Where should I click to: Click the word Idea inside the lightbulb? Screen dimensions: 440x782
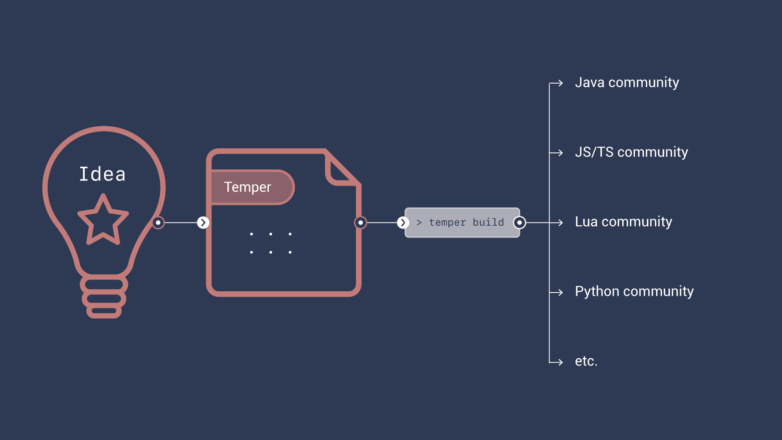click(x=102, y=174)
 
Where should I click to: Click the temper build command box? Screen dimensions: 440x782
click(x=462, y=222)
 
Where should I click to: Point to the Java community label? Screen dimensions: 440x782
click(x=627, y=83)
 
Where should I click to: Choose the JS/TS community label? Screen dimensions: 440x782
click(x=631, y=152)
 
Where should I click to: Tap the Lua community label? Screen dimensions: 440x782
click(x=623, y=222)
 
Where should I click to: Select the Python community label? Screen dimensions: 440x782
click(x=634, y=292)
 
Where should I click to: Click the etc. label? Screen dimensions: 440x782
click(x=586, y=361)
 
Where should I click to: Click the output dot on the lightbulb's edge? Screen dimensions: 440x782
click(x=158, y=222)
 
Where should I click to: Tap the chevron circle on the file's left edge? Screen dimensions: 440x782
click(x=203, y=222)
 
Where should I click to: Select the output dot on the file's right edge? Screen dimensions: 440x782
click(x=360, y=222)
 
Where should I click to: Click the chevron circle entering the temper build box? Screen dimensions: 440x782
click(x=403, y=222)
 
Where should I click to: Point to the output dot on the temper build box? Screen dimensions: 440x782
click(x=519, y=222)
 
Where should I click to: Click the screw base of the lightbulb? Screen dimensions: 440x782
click(x=104, y=297)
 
